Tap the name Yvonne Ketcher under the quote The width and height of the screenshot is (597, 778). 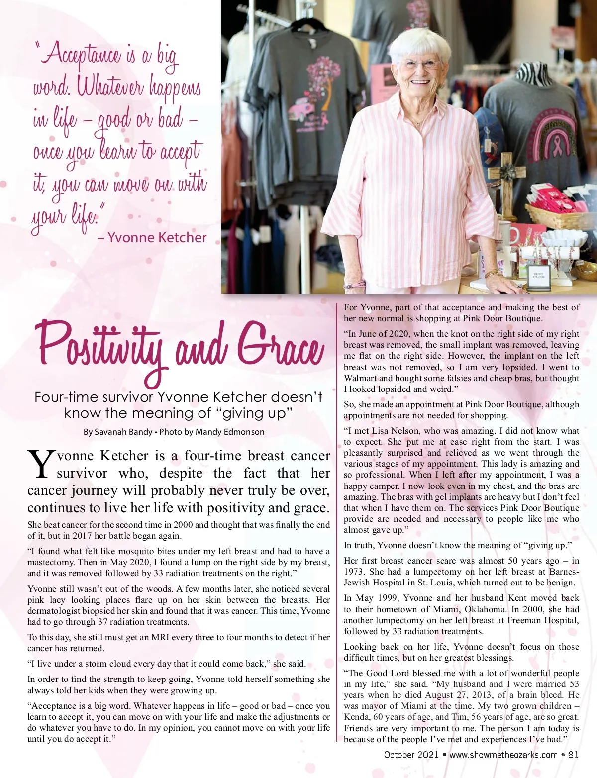[x=157, y=238]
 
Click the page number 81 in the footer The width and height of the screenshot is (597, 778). [x=573, y=755]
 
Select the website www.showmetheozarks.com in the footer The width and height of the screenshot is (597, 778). [x=503, y=755]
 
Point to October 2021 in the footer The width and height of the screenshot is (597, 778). [x=411, y=755]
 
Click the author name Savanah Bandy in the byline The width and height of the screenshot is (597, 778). [x=123, y=432]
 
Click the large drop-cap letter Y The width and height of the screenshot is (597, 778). [x=41, y=464]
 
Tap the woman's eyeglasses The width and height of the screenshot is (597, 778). [x=421, y=64]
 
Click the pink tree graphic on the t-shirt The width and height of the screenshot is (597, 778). [x=323, y=75]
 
